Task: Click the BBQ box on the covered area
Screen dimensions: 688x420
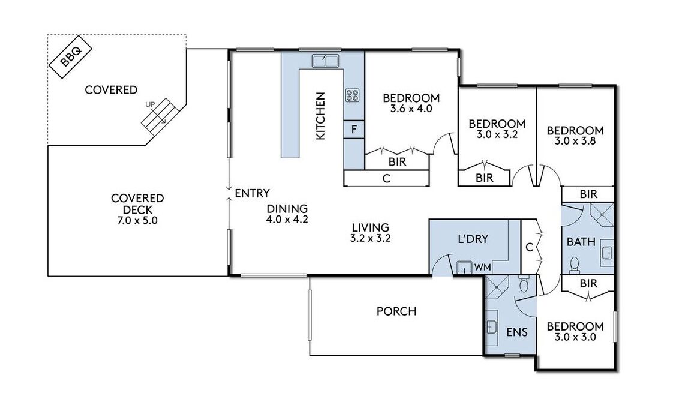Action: (x=70, y=56)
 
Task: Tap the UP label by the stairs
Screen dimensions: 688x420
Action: (x=150, y=104)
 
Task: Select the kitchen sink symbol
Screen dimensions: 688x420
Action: (x=325, y=61)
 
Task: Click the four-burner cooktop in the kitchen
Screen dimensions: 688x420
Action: (x=352, y=95)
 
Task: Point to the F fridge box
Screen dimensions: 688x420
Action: (x=354, y=130)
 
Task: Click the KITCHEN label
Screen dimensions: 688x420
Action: (x=321, y=116)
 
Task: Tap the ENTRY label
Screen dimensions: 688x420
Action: (x=253, y=193)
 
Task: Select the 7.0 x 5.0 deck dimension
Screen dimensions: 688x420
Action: (x=137, y=220)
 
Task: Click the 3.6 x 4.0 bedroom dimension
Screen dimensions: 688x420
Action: (x=411, y=109)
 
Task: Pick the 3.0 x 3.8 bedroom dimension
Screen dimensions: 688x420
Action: (x=575, y=142)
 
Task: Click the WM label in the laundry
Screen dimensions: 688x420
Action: (x=483, y=267)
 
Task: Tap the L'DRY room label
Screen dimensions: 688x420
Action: (x=473, y=239)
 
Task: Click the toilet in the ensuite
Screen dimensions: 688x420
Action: (x=524, y=284)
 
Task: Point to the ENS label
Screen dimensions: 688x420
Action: (x=517, y=332)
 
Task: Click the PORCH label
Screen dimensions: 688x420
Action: (x=396, y=311)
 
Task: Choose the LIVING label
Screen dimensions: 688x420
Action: (x=371, y=227)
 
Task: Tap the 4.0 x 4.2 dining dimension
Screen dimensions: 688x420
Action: (x=287, y=220)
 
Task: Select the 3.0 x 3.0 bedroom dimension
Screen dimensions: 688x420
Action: (x=575, y=337)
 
